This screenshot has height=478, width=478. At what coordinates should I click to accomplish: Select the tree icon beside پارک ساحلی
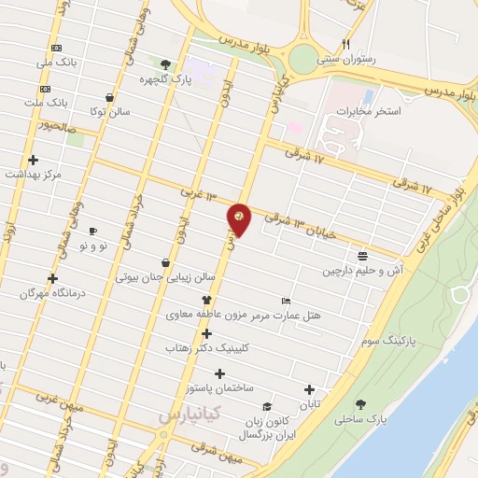tap(360, 404)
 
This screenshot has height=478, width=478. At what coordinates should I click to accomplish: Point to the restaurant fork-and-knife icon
tap(345, 44)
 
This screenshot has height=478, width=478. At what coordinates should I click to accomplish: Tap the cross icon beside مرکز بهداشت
tap(34, 160)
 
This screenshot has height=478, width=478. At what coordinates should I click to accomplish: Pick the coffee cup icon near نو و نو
tap(91, 231)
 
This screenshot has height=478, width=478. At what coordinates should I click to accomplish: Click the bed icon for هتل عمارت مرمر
tap(286, 301)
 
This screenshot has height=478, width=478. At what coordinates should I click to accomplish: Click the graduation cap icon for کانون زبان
tap(268, 407)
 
